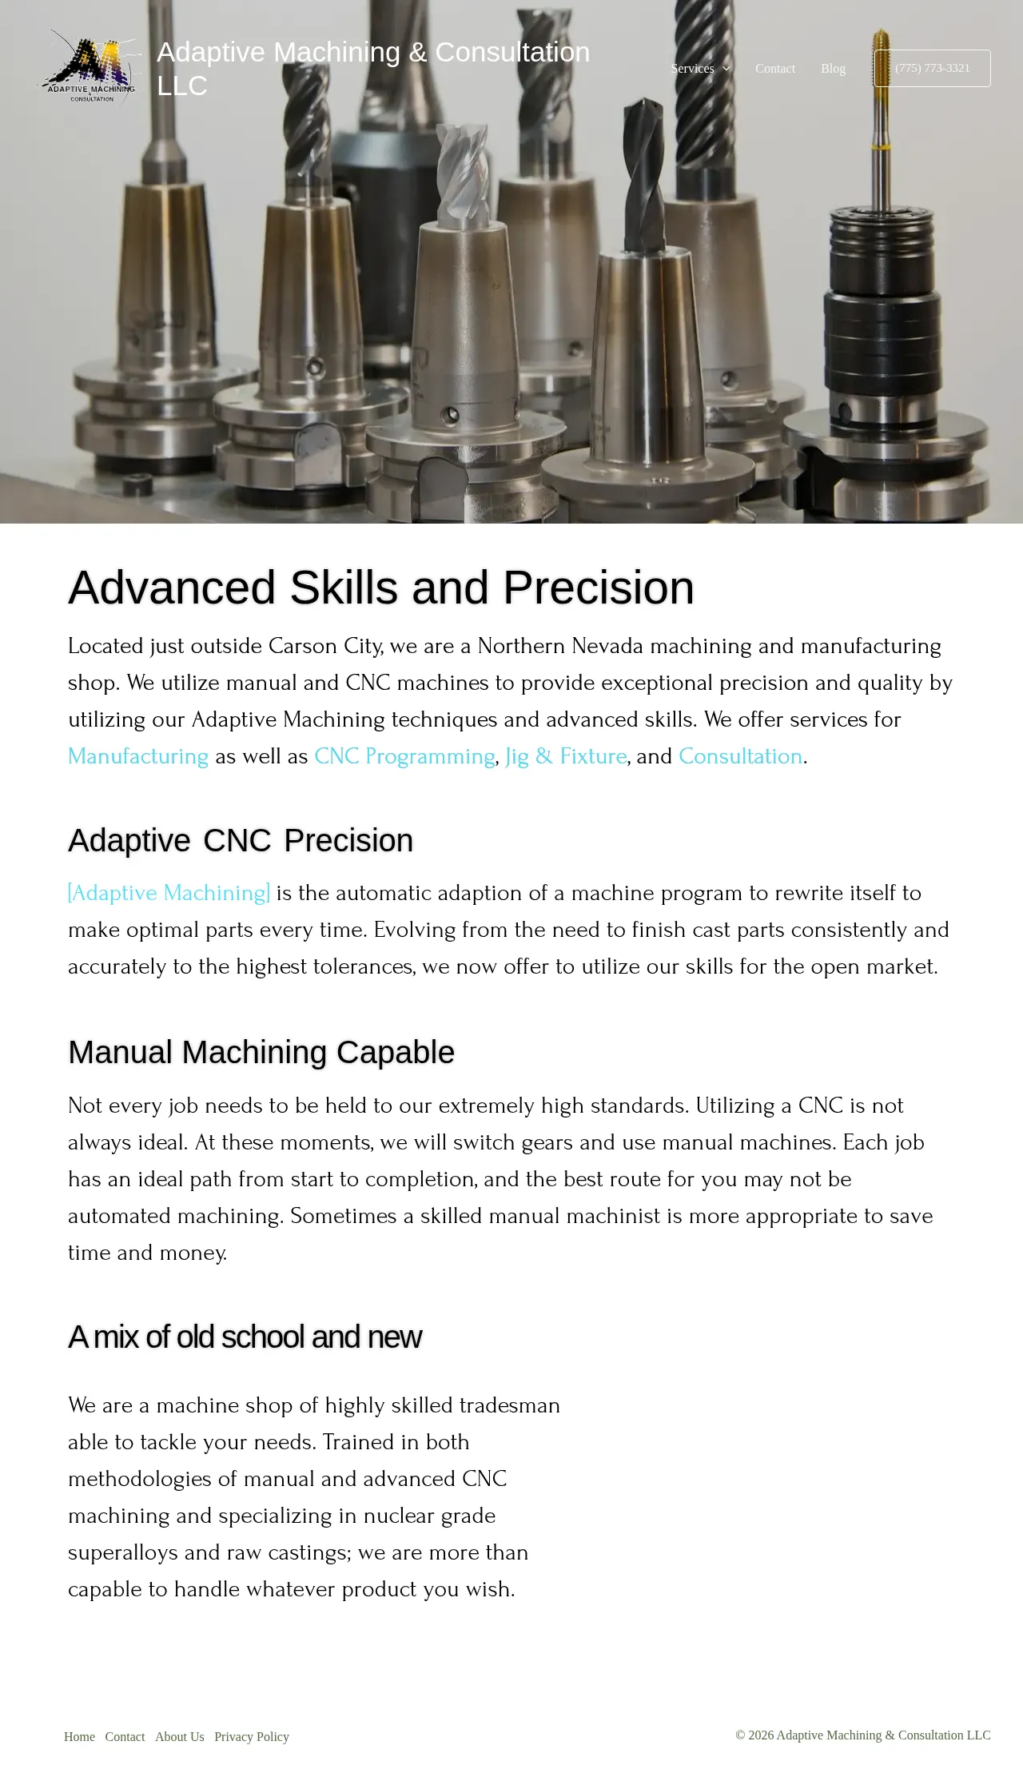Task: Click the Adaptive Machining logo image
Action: click(92, 68)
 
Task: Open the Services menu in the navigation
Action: click(700, 69)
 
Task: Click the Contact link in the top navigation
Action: click(775, 69)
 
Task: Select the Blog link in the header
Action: click(833, 69)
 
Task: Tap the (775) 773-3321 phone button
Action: click(932, 68)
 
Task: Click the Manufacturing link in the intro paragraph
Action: click(138, 756)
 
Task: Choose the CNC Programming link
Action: click(404, 756)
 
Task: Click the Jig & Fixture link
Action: click(566, 756)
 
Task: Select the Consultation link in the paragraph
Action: click(740, 756)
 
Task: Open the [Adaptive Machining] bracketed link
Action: click(169, 893)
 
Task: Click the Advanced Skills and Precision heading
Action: click(381, 588)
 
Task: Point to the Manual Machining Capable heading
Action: click(261, 1052)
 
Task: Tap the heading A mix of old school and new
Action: click(245, 1337)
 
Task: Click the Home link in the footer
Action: click(79, 1736)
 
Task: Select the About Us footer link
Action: click(180, 1736)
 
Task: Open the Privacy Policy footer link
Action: click(252, 1736)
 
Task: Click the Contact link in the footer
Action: click(125, 1736)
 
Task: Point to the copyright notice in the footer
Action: click(862, 1735)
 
